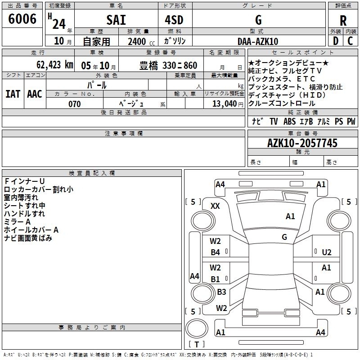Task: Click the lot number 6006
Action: pos(22,18)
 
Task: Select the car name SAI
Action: pos(116,20)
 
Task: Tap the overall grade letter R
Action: pos(343,21)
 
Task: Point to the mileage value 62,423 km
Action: pos(55,65)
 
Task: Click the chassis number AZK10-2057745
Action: pos(302,143)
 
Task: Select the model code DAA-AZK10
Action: pos(258,41)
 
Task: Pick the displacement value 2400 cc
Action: pos(141,41)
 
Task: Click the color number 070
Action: pos(75,104)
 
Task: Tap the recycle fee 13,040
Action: pos(225,103)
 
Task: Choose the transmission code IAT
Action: pos(13,94)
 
